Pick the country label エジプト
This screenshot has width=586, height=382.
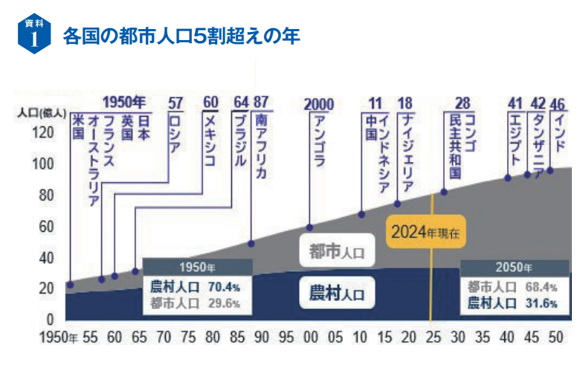(x=515, y=137)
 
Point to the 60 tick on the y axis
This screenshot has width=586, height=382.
(x=47, y=226)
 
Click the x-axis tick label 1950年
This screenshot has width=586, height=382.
(x=59, y=337)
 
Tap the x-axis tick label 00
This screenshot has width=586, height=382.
(x=311, y=337)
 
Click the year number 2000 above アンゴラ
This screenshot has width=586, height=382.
(x=319, y=104)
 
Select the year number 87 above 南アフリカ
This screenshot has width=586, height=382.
(x=261, y=102)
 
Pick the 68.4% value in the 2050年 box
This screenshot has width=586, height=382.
(x=541, y=287)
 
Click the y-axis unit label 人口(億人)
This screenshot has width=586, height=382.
(x=42, y=113)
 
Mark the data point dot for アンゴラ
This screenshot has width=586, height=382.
(x=310, y=227)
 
